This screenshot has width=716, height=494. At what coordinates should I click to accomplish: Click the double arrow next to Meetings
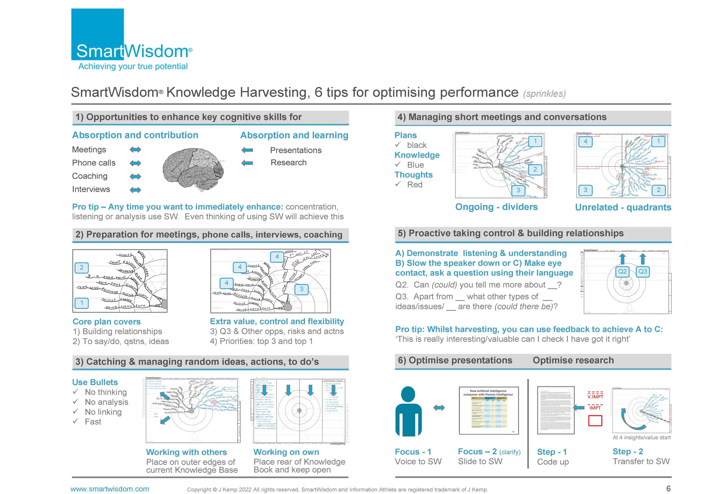click(x=135, y=150)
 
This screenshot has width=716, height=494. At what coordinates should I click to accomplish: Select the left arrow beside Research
click(x=247, y=163)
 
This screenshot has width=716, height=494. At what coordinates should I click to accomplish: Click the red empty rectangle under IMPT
click(x=595, y=421)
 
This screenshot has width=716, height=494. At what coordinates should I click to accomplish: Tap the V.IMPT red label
click(x=595, y=396)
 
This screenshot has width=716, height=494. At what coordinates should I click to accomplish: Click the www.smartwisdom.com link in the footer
click(x=110, y=489)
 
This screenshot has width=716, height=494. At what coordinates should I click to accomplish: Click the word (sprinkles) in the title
click(x=544, y=94)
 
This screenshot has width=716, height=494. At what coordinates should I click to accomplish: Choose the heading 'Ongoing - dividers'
click(x=496, y=207)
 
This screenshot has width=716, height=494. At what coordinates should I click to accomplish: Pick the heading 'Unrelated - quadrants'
click(x=623, y=207)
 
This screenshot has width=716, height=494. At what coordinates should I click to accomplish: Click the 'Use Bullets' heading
click(x=95, y=382)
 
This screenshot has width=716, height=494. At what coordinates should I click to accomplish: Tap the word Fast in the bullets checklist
click(x=93, y=422)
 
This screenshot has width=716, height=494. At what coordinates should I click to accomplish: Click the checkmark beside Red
click(x=398, y=184)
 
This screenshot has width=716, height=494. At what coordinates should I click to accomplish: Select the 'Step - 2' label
click(x=628, y=452)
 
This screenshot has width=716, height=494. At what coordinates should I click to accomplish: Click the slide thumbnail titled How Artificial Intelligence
click(x=489, y=410)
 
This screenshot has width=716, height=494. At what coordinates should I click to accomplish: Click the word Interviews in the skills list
click(x=91, y=189)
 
